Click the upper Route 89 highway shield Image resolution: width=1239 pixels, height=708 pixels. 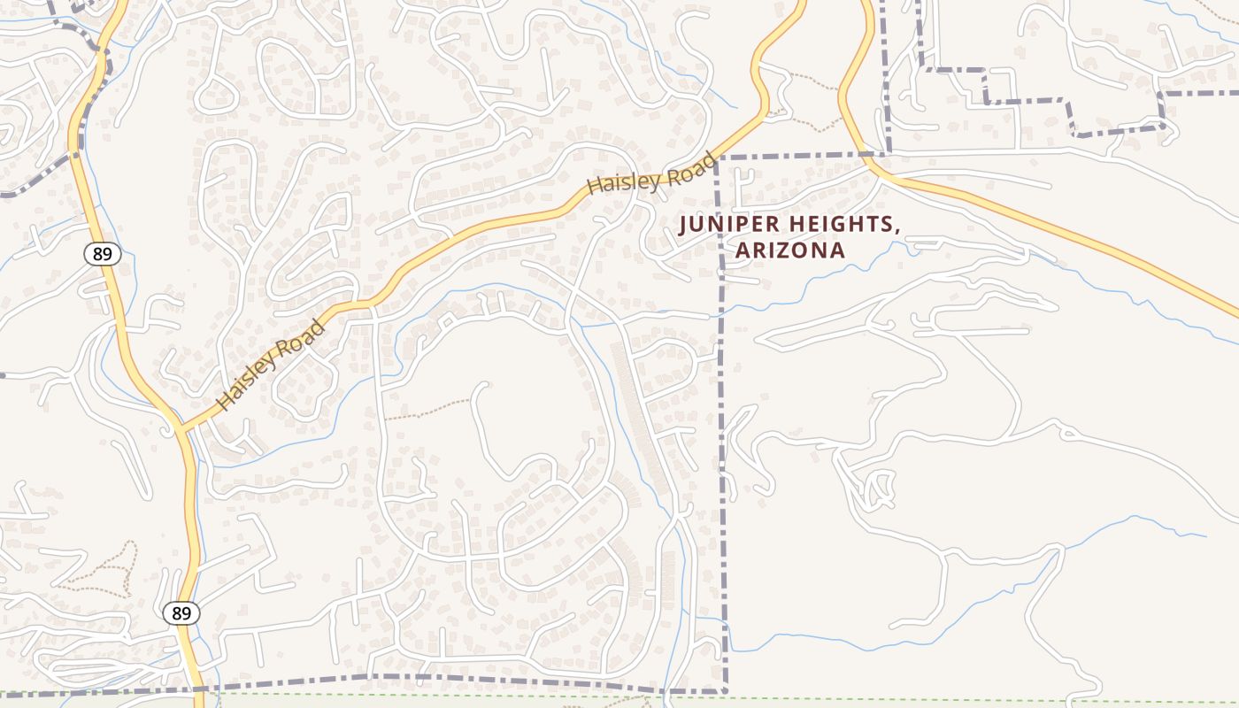(x=103, y=254)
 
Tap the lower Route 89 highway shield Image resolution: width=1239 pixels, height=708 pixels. (x=181, y=612)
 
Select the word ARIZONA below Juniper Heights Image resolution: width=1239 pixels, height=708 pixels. (x=790, y=250)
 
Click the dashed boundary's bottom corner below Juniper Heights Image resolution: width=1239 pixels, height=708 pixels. (x=725, y=690)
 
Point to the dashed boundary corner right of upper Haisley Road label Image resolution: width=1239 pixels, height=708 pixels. (x=718, y=158)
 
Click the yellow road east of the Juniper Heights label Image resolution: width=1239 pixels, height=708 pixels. (x=1062, y=232)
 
